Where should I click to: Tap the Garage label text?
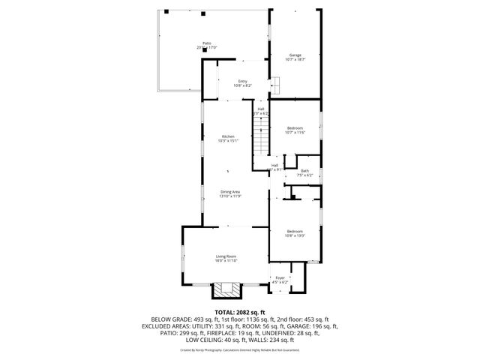pyautogui.click(x=295, y=55)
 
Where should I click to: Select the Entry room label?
pyautogui.click(x=242, y=80)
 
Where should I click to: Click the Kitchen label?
pyautogui.click(x=227, y=136)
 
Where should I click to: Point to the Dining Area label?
pyautogui.click(x=230, y=191)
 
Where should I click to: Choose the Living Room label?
pyautogui.click(x=226, y=256)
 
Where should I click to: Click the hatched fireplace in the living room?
pyautogui.click(x=227, y=289)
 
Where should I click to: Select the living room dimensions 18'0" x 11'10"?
pyautogui.click(x=226, y=261)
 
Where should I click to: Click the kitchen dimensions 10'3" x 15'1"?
pyautogui.click(x=227, y=140)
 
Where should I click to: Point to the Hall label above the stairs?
pyautogui.click(x=261, y=109)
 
